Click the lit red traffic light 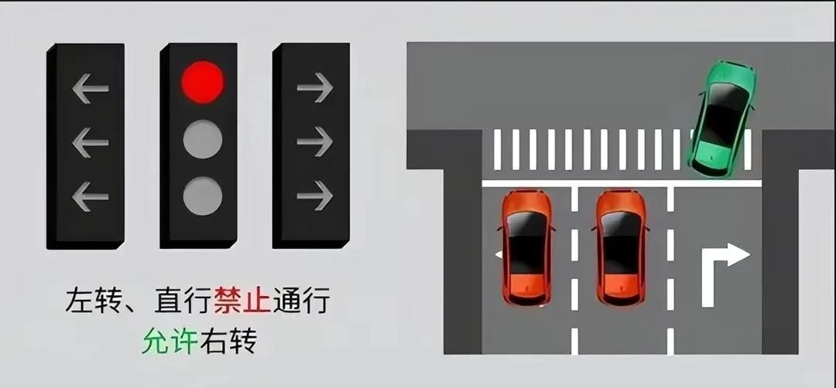click(x=203, y=82)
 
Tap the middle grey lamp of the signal click(x=203, y=139)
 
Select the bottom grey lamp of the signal click(x=203, y=196)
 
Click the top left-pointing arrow click(x=90, y=88)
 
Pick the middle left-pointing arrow click(x=90, y=143)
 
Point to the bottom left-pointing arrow click(x=90, y=196)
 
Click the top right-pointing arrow click(x=314, y=87)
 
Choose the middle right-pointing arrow click(x=314, y=141)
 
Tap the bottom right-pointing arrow click(x=314, y=196)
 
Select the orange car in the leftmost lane click(x=527, y=247)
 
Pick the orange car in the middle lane click(x=621, y=247)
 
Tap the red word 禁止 click(x=242, y=301)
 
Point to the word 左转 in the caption click(x=94, y=301)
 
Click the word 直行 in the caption click(x=183, y=301)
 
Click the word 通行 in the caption click(x=300, y=301)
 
